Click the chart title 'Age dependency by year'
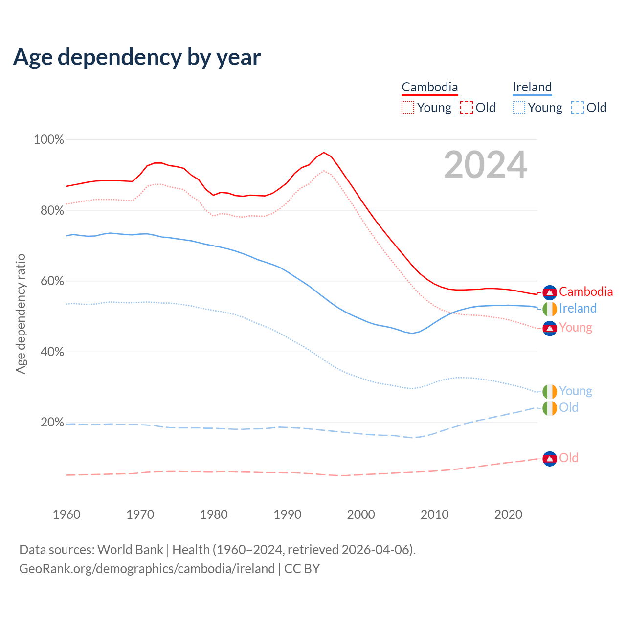point(137,57)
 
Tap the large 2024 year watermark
point(485,165)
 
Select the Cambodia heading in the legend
point(429,87)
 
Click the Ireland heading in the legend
point(532,87)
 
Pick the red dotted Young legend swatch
point(408,108)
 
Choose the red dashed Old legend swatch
point(467,108)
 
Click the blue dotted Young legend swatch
point(519,108)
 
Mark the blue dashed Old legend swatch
point(578,108)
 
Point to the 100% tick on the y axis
point(49,140)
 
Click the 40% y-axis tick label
point(49,352)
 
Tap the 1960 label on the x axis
point(67,514)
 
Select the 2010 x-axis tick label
point(435,514)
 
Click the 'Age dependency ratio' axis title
point(21,313)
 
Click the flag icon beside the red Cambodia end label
point(550,292)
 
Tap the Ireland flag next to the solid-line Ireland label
point(550,309)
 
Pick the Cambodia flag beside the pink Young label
point(550,328)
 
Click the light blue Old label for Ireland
point(569,407)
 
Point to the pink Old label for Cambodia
point(569,458)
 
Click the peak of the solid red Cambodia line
point(324,152)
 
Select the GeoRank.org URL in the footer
point(147,569)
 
